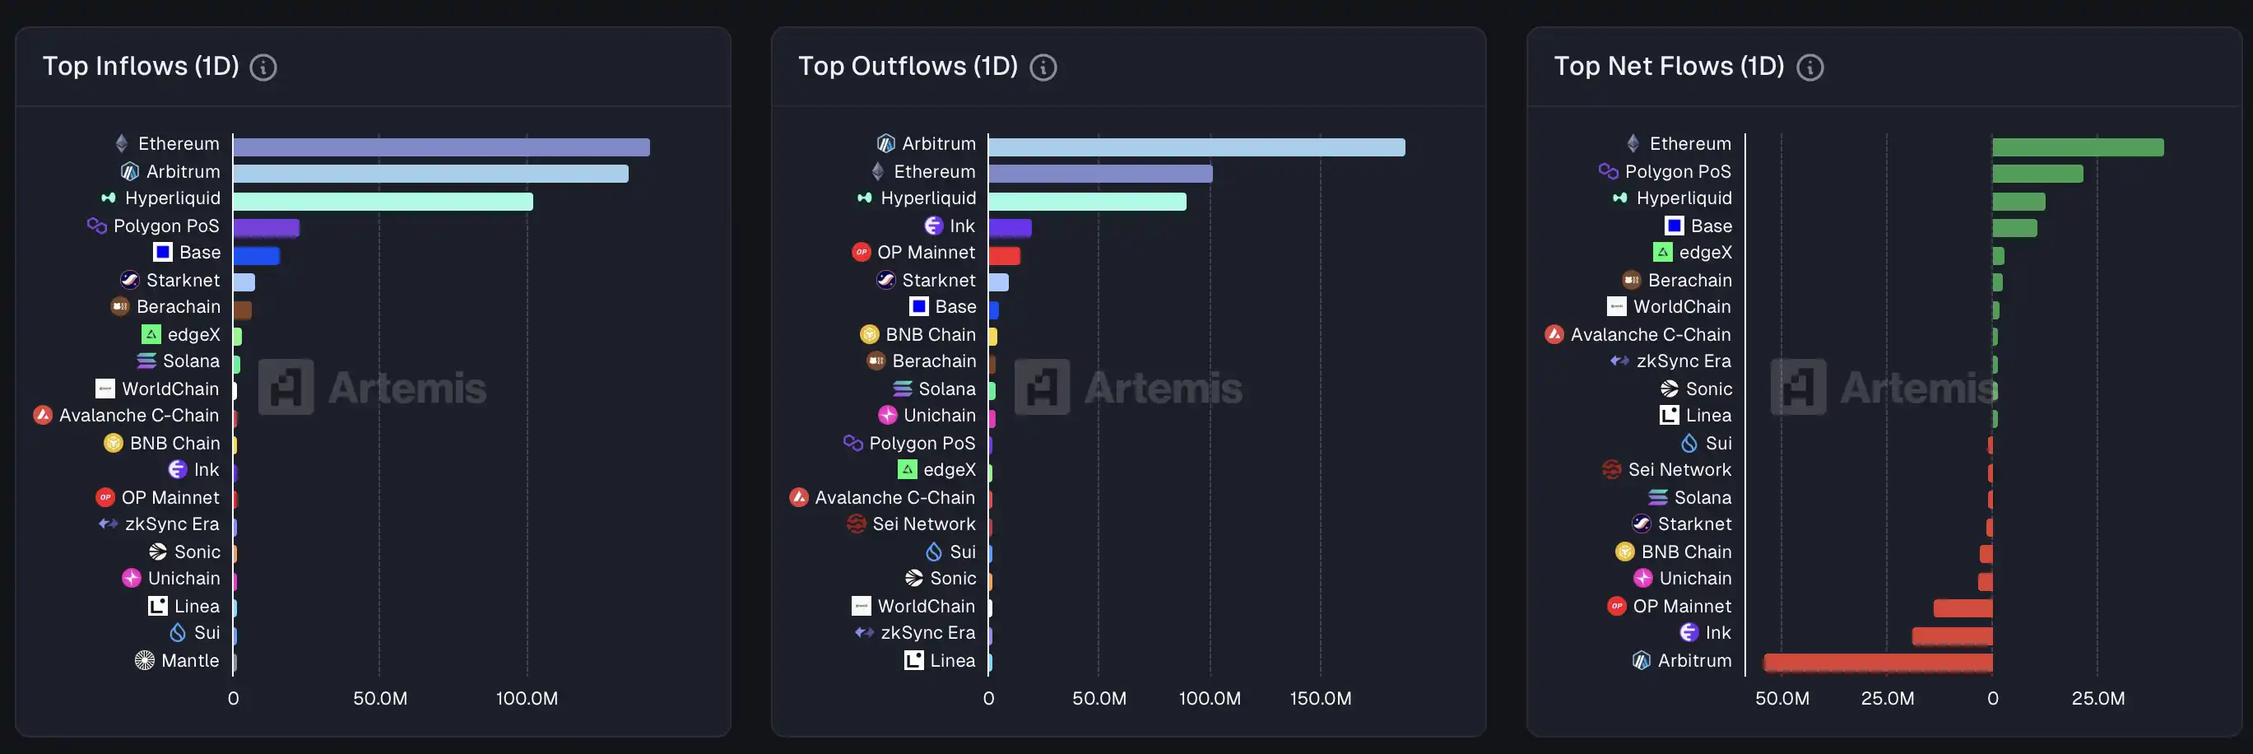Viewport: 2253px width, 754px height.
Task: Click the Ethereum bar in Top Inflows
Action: pyautogui.click(x=441, y=147)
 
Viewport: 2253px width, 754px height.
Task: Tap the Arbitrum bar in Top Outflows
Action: pyautogui.click(x=1196, y=147)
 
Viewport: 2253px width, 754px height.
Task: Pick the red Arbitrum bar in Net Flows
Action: pyautogui.click(x=1878, y=662)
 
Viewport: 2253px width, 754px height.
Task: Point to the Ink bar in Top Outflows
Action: pyautogui.click(x=1010, y=227)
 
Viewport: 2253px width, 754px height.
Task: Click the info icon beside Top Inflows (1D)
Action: pyautogui.click(x=263, y=67)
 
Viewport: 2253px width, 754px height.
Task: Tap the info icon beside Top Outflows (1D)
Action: pyautogui.click(x=1043, y=67)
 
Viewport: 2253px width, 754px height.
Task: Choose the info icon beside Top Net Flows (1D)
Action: pyautogui.click(x=1809, y=67)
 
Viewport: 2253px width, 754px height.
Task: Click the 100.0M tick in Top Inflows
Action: pyautogui.click(x=527, y=698)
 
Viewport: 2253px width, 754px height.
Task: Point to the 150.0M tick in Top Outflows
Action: pyautogui.click(x=1321, y=698)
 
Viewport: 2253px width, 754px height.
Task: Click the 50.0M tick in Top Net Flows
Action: pyautogui.click(x=1781, y=698)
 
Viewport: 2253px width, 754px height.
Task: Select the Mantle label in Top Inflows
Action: pyautogui.click(x=190, y=660)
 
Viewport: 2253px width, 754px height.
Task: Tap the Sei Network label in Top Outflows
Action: pyautogui.click(x=923, y=524)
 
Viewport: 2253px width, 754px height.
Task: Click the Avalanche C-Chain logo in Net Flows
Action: pyautogui.click(x=1554, y=334)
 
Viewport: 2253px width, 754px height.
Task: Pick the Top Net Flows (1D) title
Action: pyautogui.click(x=1669, y=67)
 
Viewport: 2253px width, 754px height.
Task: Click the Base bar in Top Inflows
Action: pyautogui.click(x=256, y=255)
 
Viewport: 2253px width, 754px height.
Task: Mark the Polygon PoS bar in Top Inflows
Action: pyautogui.click(x=266, y=227)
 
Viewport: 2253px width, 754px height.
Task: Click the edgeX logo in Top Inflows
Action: pyautogui.click(x=151, y=334)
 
